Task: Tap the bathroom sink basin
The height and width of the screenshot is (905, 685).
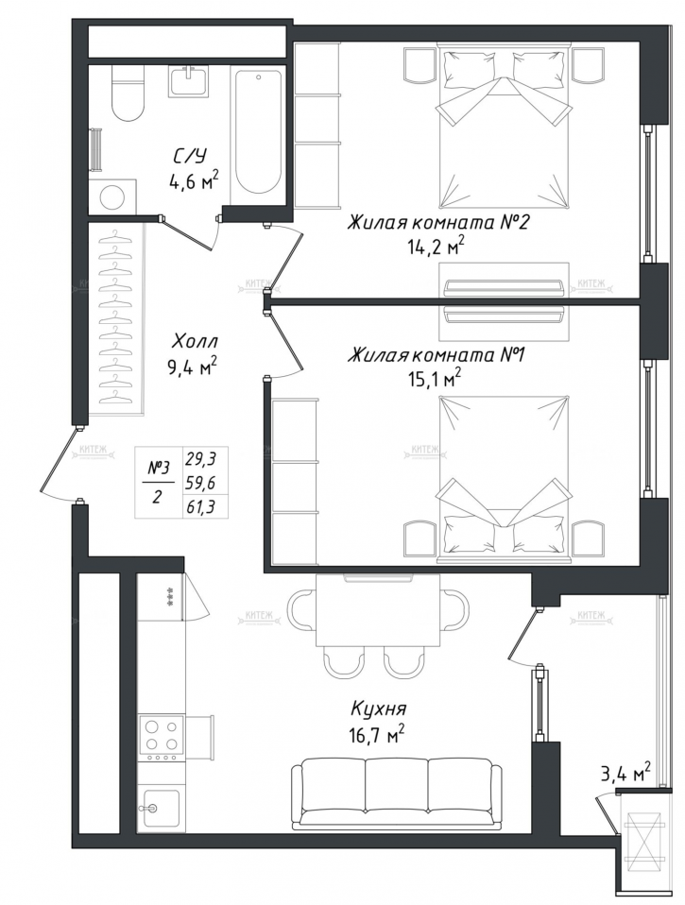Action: click(195, 81)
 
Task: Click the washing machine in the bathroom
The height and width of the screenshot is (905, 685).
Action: click(112, 197)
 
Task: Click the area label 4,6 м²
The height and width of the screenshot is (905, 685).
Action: click(194, 179)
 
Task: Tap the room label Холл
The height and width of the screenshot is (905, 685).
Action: click(194, 341)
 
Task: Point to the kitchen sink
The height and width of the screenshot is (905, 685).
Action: click(160, 808)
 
